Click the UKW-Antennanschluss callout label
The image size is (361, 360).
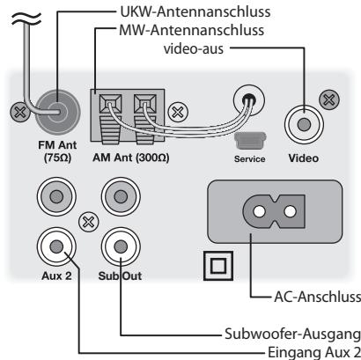coord(195,11)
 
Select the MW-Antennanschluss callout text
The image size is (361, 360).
coord(192,30)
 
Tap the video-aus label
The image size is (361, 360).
coord(194,48)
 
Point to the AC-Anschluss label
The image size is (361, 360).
coord(317,297)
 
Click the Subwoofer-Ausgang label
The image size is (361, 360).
coord(292,334)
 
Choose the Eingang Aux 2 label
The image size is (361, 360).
coord(314,352)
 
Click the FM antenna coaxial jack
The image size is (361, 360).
coord(58,112)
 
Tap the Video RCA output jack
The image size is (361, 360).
coord(304,124)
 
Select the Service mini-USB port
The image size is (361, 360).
coord(250,141)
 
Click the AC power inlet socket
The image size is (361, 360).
coord(275,211)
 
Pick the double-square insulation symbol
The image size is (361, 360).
coord(218,266)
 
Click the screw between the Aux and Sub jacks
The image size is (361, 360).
coord(88,222)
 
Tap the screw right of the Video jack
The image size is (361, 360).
coord(329,100)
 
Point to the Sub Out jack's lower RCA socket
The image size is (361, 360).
coord(121,247)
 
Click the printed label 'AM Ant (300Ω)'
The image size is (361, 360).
coord(131,158)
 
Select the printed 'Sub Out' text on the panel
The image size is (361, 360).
coord(120,276)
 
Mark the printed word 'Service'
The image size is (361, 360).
coord(249,159)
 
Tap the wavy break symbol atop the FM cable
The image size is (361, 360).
coord(26,19)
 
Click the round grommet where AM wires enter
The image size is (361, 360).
coord(249,100)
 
